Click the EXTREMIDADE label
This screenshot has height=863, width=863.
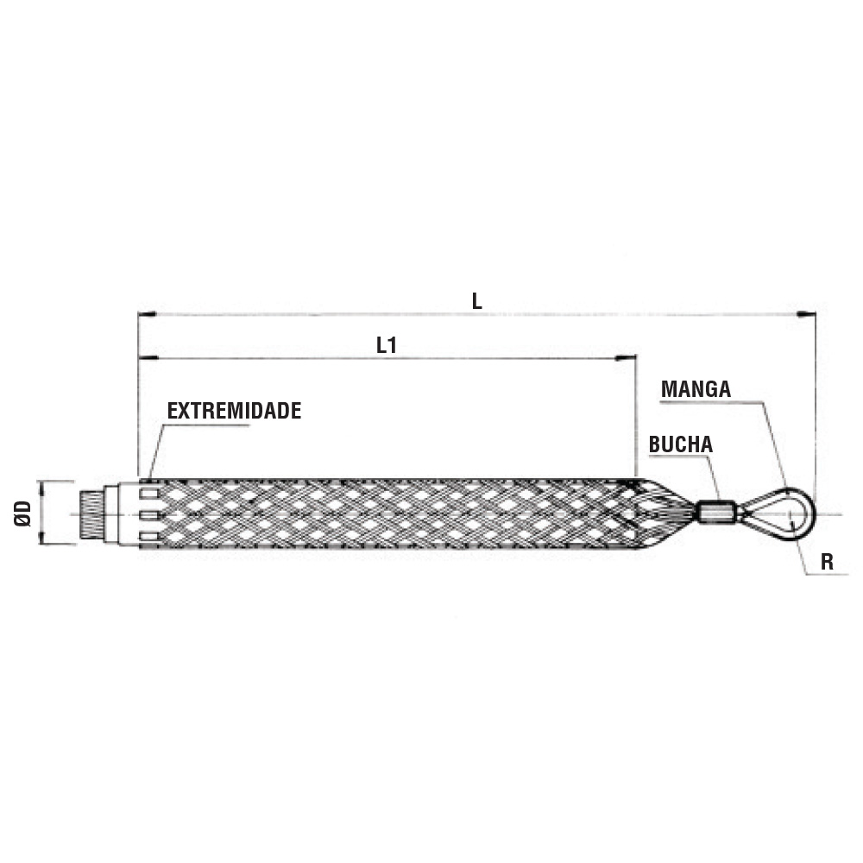point(234,411)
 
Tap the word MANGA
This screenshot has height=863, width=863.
point(696,389)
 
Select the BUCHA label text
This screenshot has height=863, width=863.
point(681,444)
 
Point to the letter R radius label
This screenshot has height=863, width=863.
point(827,562)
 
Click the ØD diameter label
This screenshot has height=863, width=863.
point(23,513)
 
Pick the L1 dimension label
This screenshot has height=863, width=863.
point(387,345)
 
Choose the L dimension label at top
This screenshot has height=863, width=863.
point(476,301)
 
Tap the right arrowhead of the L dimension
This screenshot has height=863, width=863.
point(807,314)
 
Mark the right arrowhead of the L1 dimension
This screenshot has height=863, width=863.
point(627,358)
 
